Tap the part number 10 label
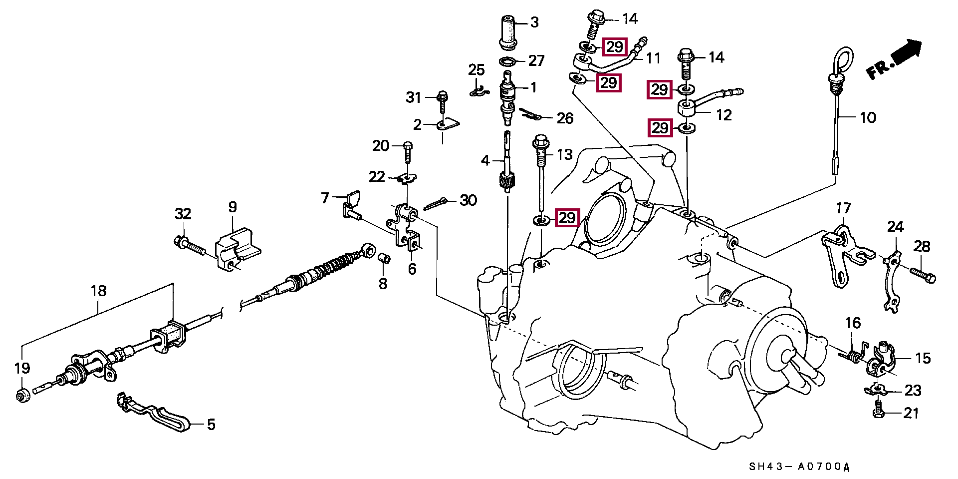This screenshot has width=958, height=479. tap(868, 117)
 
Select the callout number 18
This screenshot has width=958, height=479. tap(98, 291)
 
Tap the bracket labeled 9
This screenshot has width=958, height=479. tap(238, 248)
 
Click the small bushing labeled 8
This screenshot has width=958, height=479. tap(384, 258)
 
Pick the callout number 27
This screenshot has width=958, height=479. tap(536, 60)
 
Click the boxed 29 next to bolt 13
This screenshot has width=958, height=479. tap(567, 218)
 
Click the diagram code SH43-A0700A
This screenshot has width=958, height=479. tap(799, 467)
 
